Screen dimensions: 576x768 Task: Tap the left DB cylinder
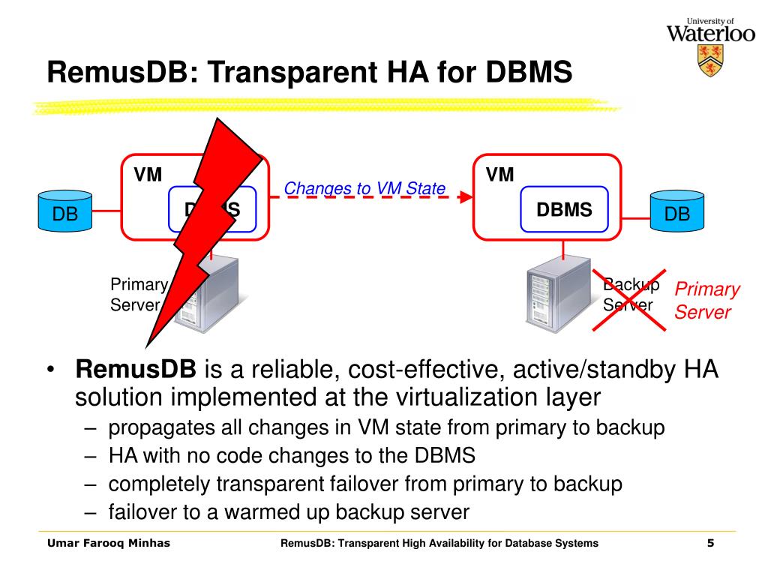click(x=64, y=211)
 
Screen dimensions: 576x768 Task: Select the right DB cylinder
click(x=677, y=211)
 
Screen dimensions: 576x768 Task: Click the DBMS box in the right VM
click(x=564, y=208)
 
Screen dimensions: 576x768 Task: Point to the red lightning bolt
click(x=202, y=225)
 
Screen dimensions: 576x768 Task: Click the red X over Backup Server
click(x=629, y=298)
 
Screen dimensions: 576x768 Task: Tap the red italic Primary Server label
click(x=706, y=301)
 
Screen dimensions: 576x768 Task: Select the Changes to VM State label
click(x=365, y=188)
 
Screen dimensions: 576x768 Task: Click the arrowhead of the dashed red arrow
click(x=466, y=197)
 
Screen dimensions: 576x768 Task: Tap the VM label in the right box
click(x=499, y=175)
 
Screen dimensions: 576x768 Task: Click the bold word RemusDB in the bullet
click(x=136, y=370)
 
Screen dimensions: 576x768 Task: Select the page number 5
click(x=709, y=543)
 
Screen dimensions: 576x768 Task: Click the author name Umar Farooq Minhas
click(x=109, y=543)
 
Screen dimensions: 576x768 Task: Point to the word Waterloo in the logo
click(x=710, y=33)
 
